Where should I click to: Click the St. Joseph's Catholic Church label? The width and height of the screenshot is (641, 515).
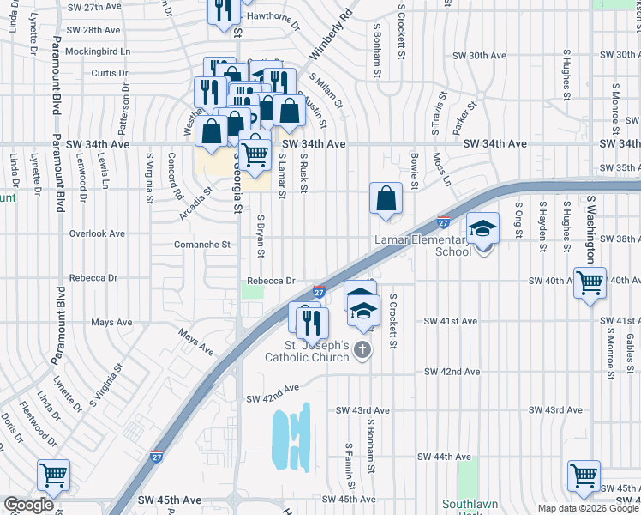point(308,351)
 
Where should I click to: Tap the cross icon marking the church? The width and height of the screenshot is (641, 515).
point(363,349)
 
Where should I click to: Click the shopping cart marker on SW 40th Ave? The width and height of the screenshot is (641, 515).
point(590,282)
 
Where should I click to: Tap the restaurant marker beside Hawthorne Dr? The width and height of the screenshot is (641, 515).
point(221,11)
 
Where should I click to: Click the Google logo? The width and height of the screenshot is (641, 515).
point(28,505)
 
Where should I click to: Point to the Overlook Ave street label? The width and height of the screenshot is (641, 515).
point(97,233)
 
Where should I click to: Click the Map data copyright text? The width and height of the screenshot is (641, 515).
point(588,508)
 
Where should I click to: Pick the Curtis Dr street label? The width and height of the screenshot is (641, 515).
point(110,73)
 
